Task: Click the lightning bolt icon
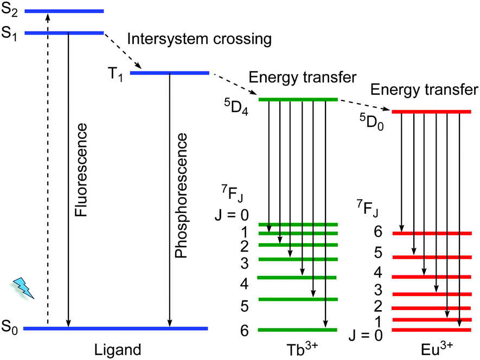[x=24, y=287]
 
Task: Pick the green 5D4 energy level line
[x=298, y=99]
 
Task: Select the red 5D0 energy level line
[x=431, y=112]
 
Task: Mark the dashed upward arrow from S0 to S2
[x=47, y=163]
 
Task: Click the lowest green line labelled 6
[x=298, y=329]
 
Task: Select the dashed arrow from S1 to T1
[x=122, y=52]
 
